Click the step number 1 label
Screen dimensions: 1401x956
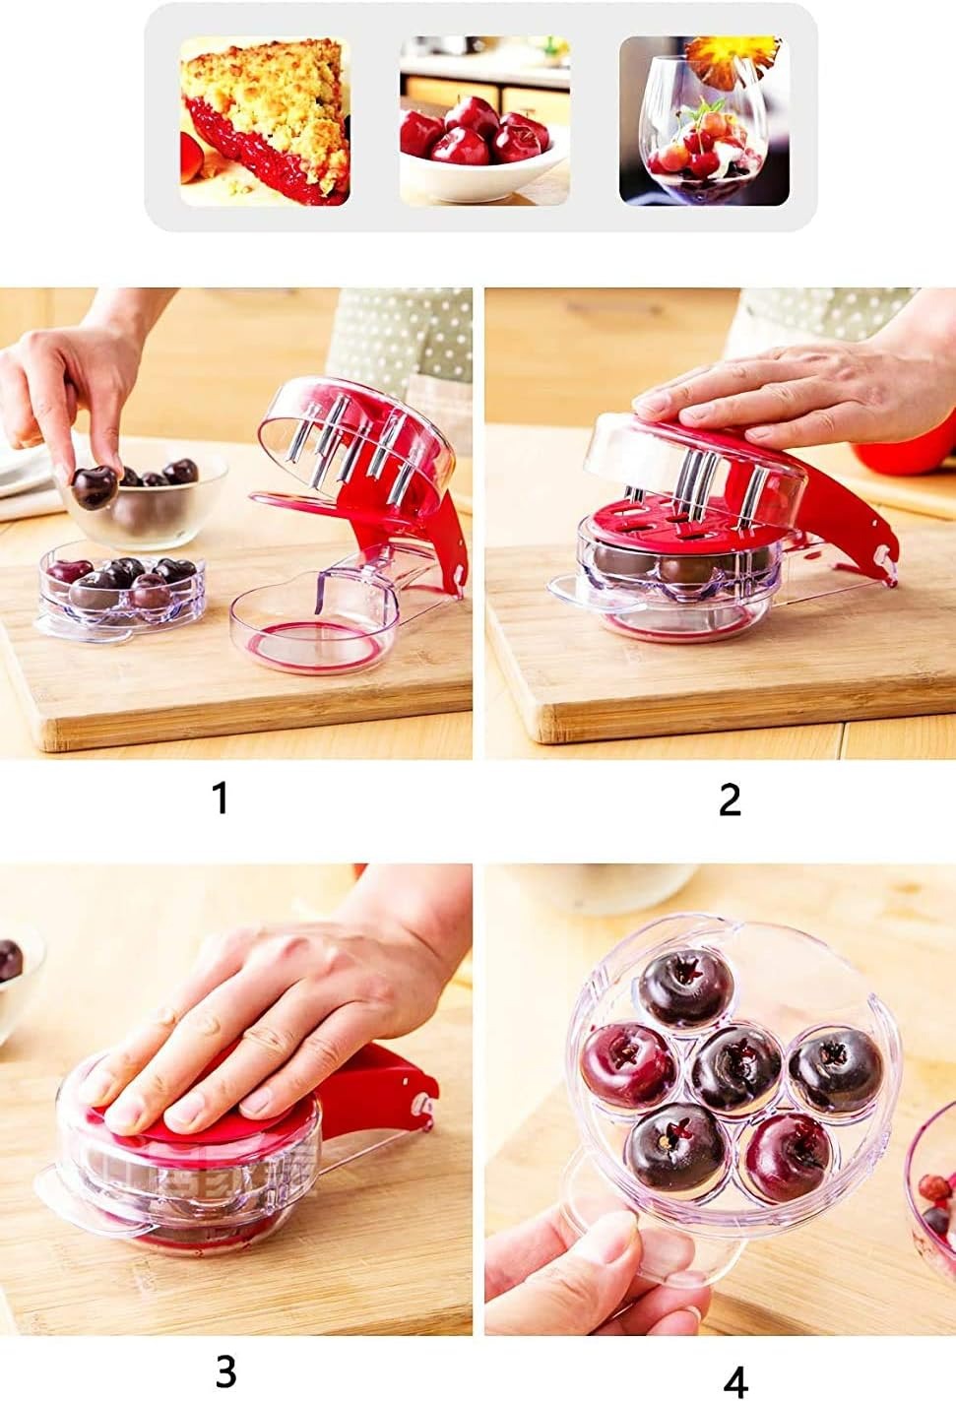pyautogui.click(x=221, y=797)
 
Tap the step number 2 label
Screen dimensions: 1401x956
pyautogui.click(x=729, y=800)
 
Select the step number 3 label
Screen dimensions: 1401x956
pyautogui.click(x=225, y=1369)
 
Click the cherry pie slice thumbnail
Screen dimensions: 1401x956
pyautogui.click(x=265, y=121)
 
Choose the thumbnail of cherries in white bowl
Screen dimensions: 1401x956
pyautogui.click(x=483, y=121)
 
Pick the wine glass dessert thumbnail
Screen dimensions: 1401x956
pyautogui.click(x=704, y=121)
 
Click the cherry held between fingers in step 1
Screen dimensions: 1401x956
pyautogui.click(x=94, y=487)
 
